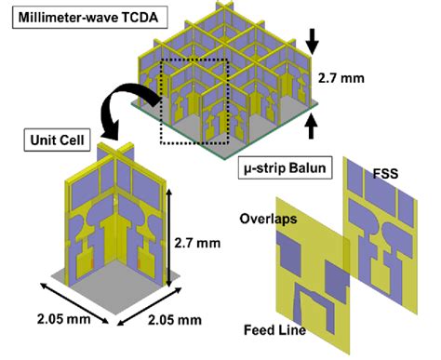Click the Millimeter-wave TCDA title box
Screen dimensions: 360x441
tap(84, 16)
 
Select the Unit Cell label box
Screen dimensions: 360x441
tap(54, 141)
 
